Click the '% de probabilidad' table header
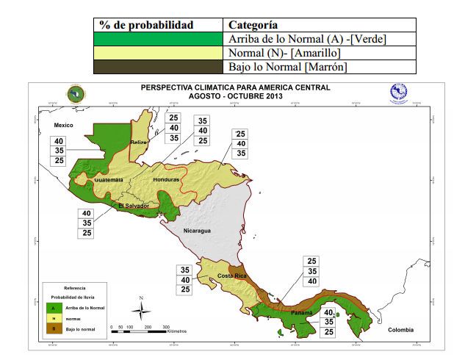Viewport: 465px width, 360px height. tap(146, 25)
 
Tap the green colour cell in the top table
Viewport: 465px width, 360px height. tap(159, 39)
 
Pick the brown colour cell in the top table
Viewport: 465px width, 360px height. tap(159, 67)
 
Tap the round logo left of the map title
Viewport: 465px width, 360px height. tap(74, 94)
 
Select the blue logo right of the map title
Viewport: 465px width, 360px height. tap(398, 93)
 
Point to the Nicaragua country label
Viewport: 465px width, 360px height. tap(197, 231)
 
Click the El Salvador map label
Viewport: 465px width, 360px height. tap(134, 206)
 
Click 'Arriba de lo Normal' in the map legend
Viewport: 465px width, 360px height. tap(85, 308)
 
